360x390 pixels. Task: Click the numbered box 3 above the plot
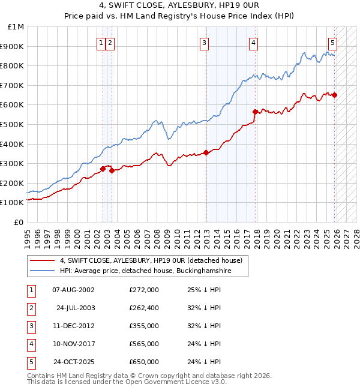pyautogui.click(x=205, y=42)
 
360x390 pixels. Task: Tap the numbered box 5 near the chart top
pyautogui.click(x=332, y=42)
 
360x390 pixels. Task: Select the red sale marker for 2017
pyautogui.click(x=255, y=112)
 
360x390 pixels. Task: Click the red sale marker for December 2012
pyautogui.click(x=206, y=152)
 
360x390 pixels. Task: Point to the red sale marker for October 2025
pyautogui.click(x=334, y=95)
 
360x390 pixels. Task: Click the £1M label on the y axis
pyautogui.click(x=16, y=27)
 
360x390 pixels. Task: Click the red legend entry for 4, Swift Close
pyautogui.click(x=151, y=260)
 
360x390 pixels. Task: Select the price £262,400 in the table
pyautogui.click(x=143, y=308)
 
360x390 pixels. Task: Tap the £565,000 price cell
pyautogui.click(x=143, y=344)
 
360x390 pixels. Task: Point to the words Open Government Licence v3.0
pyautogui.click(x=176, y=382)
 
